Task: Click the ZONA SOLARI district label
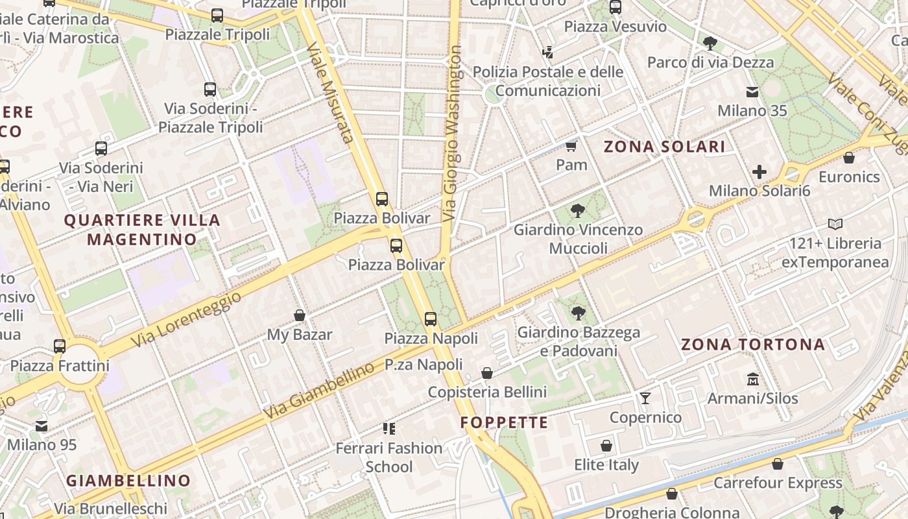click(664, 147)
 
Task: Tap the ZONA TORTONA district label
click(752, 344)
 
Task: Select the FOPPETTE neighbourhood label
click(504, 423)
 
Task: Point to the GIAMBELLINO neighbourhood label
click(128, 481)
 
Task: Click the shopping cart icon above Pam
click(571, 145)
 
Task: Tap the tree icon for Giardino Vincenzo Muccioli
click(577, 210)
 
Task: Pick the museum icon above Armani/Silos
click(752, 379)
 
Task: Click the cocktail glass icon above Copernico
click(645, 398)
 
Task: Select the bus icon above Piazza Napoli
click(431, 319)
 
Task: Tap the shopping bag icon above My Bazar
click(300, 315)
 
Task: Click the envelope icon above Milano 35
click(752, 91)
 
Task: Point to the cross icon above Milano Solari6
click(759, 172)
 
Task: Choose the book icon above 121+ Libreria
click(835, 224)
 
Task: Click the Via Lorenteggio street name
click(186, 318)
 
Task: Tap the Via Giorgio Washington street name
click(453, 132)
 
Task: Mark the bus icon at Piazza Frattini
click(60, 346)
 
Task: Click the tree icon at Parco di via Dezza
click(710, 43)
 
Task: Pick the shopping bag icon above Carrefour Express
click(778, 464)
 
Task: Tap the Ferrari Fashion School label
click(388, 457)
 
